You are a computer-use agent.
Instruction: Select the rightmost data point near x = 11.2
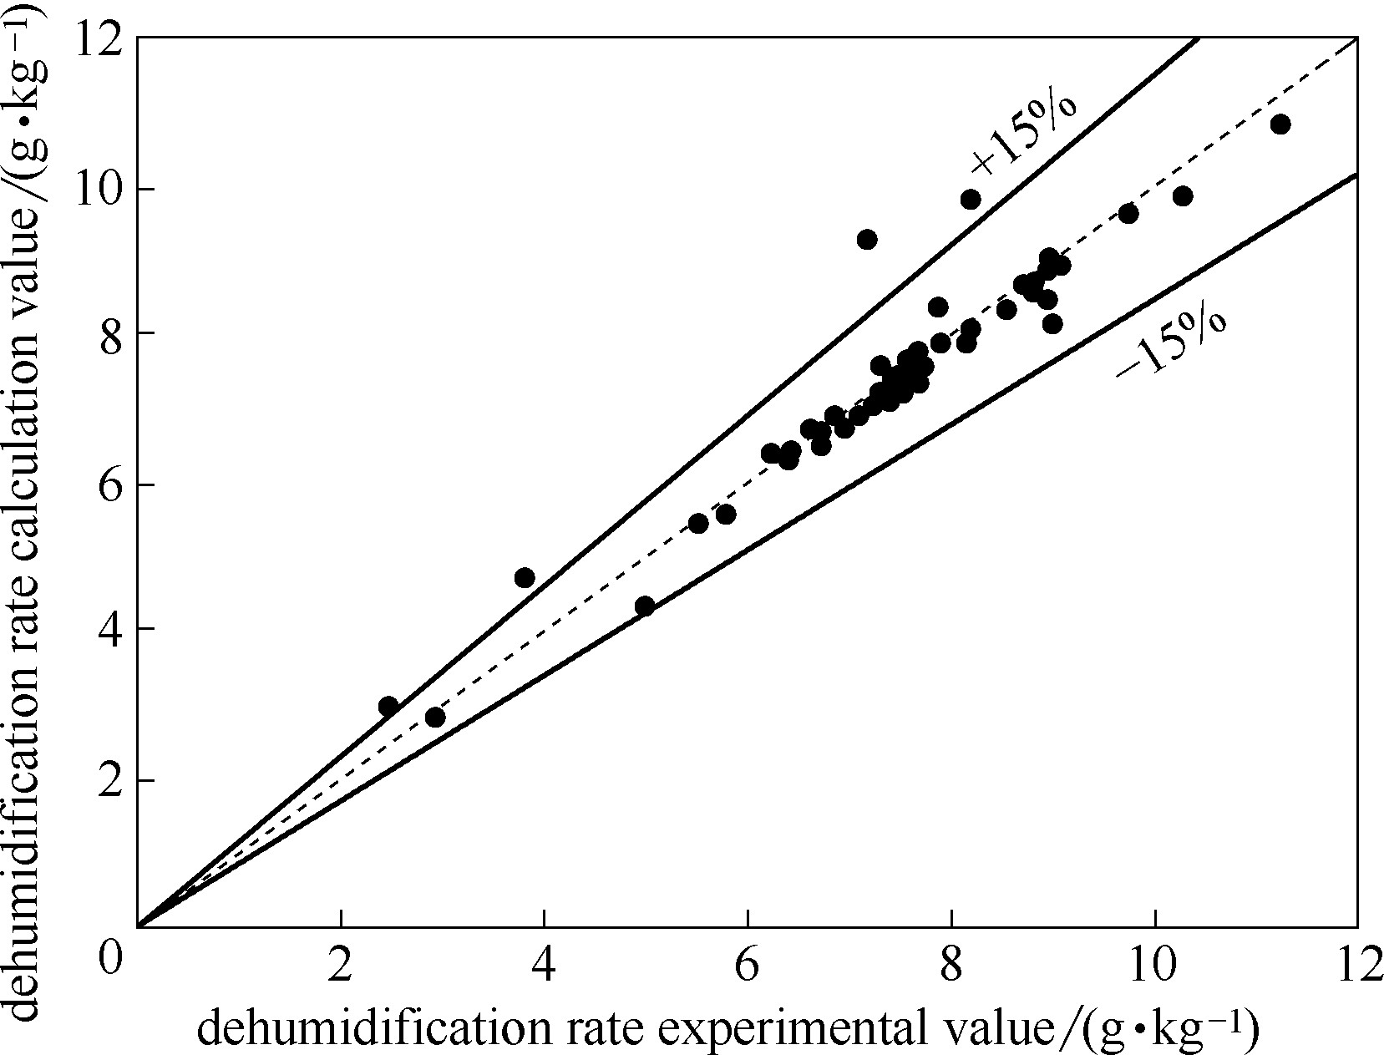(1280, 124)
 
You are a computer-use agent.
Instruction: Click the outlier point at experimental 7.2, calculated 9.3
(867, 240)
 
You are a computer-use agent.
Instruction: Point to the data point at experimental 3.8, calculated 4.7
(525, 578)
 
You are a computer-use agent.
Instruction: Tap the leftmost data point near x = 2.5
(388, 707)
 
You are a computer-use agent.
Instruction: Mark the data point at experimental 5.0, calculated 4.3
(645, 606)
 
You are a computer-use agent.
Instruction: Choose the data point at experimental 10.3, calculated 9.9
(1183, 196)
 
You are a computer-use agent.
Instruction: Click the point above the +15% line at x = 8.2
(971, 200)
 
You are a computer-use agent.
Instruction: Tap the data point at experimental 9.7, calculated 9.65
(1128, 214)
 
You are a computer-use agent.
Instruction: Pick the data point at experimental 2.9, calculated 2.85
(435, 718)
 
